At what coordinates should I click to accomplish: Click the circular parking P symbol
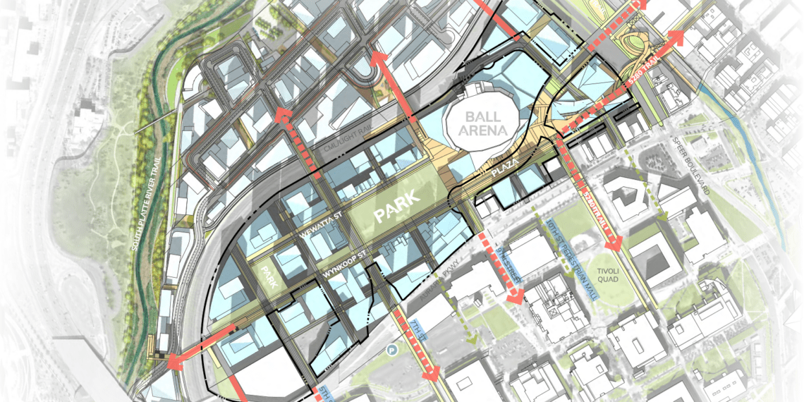(x=391, y=348)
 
